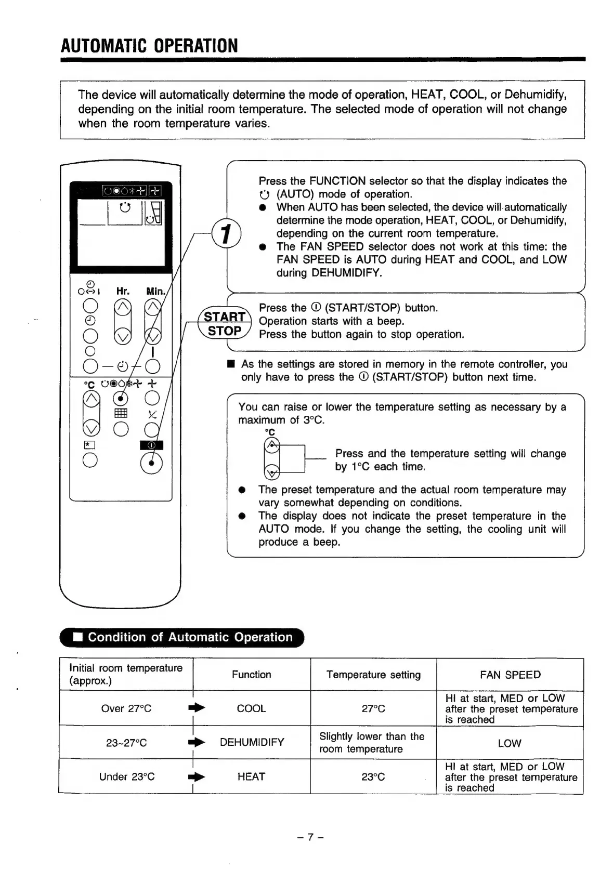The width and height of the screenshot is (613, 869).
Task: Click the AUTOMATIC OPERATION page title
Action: [x=149, y=46]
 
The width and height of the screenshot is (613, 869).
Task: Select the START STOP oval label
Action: [x=225, y=324]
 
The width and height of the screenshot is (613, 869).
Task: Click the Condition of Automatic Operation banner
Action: [x=182, y=637]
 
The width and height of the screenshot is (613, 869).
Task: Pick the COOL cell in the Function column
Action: [x=251, y=708]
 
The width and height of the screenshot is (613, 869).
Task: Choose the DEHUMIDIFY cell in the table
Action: [x=252, y=742]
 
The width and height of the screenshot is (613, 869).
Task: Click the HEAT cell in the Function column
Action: [x=251, y=776]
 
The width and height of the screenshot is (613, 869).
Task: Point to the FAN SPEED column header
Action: [x=510, y=675]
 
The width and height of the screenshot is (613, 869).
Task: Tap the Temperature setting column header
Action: [x=373, y=675]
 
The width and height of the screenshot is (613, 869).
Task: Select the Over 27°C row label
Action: [x=126, y=708]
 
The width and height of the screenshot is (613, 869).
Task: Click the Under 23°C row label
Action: [x=127, y=776]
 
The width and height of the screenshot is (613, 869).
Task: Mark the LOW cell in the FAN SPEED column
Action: [x=510, y=743]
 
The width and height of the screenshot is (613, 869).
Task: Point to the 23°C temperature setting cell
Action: [x=373, y=776]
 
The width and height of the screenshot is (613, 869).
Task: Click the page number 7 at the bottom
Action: [x=310, y=837]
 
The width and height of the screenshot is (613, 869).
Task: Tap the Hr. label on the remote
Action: [x=123, y=291]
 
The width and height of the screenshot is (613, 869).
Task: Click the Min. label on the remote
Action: [x=155, y=291]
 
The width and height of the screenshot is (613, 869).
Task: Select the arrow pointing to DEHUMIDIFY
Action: [x=198, y=743]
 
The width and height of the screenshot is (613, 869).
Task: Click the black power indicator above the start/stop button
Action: [x=151, y=445]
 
